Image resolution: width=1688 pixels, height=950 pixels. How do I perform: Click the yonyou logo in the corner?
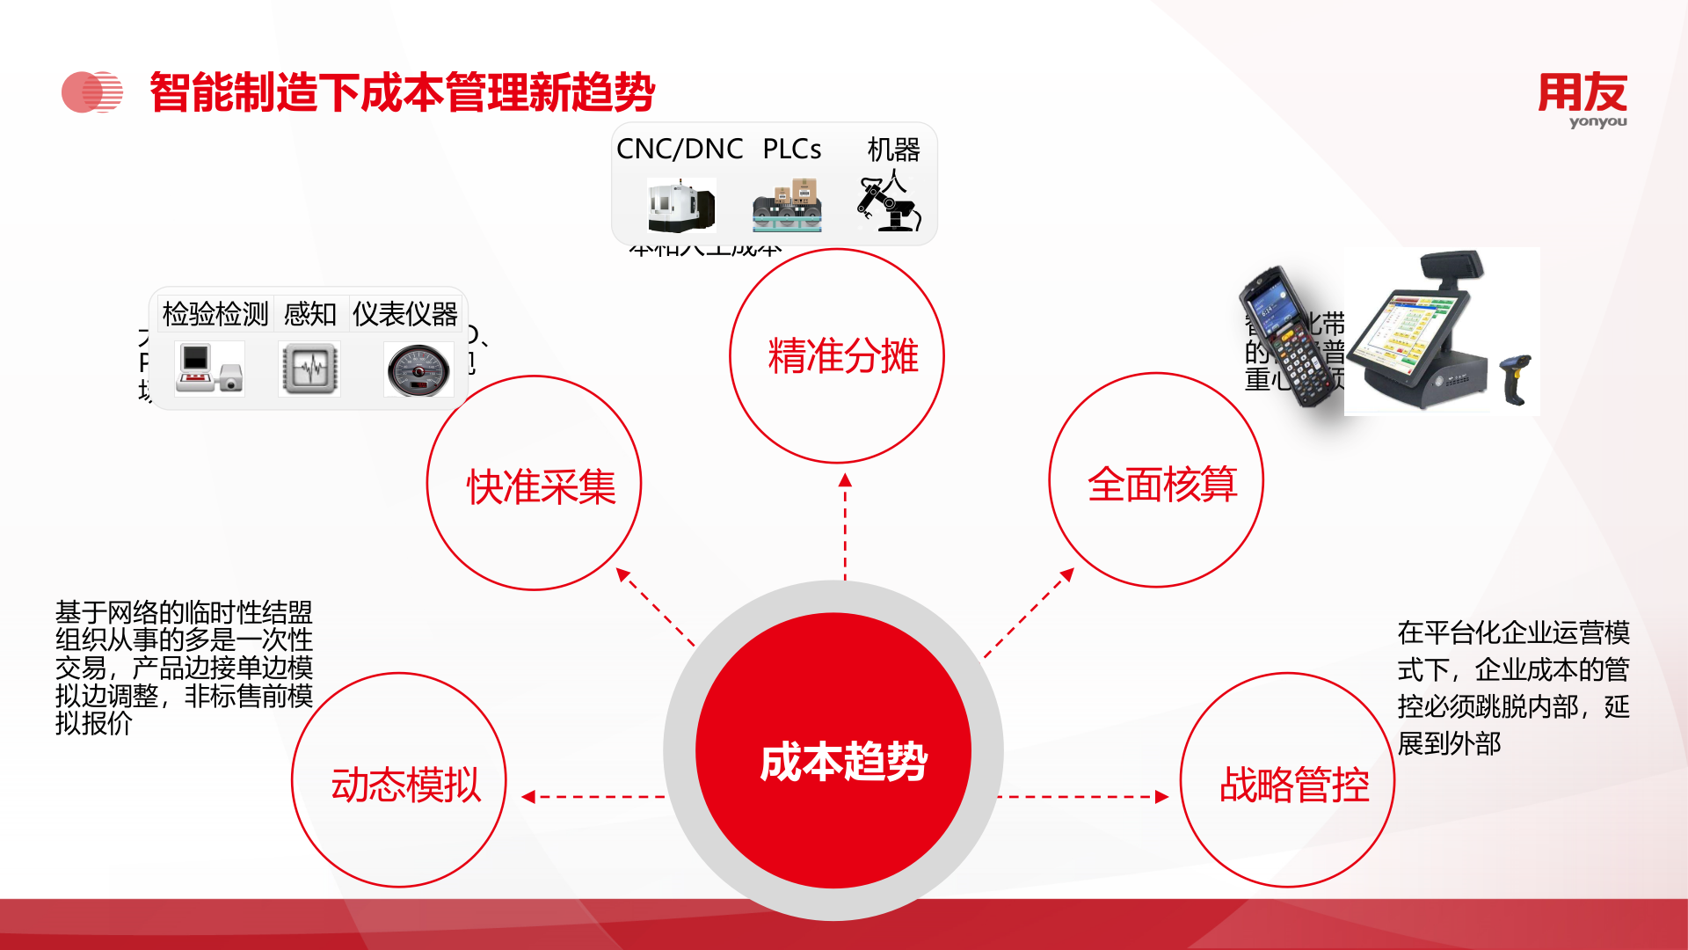pos(1582,99)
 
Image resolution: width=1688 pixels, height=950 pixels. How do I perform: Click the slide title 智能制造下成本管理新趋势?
pos(402,92)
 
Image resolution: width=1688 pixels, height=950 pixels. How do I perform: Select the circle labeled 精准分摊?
pos(837,356)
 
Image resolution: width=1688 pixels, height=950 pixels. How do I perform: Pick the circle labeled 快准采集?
pos(535,484)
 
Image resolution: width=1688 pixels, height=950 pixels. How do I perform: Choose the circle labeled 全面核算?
pos(1156,481)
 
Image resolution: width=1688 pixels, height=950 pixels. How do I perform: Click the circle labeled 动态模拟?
pos(399,781)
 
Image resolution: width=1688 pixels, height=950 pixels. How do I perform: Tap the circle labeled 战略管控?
pos(1287,781)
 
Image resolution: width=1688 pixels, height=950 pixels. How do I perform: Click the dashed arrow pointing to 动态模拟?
pos(594,797)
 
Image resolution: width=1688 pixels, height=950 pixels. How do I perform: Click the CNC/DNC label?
pos(680,150)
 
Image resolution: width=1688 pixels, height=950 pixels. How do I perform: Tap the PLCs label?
pos(791,150)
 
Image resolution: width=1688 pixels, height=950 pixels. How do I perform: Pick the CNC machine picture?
pos(680,205)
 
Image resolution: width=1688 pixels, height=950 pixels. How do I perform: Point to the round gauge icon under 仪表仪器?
pos(418,370)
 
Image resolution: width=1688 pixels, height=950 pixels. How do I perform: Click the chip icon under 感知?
pos(309,369)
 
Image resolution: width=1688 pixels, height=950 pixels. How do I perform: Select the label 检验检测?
pos(215,314)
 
